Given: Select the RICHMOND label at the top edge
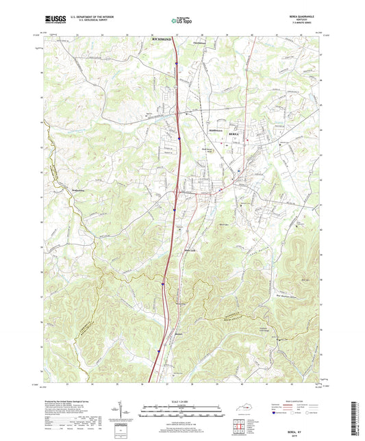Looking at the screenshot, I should click(160, 42).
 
